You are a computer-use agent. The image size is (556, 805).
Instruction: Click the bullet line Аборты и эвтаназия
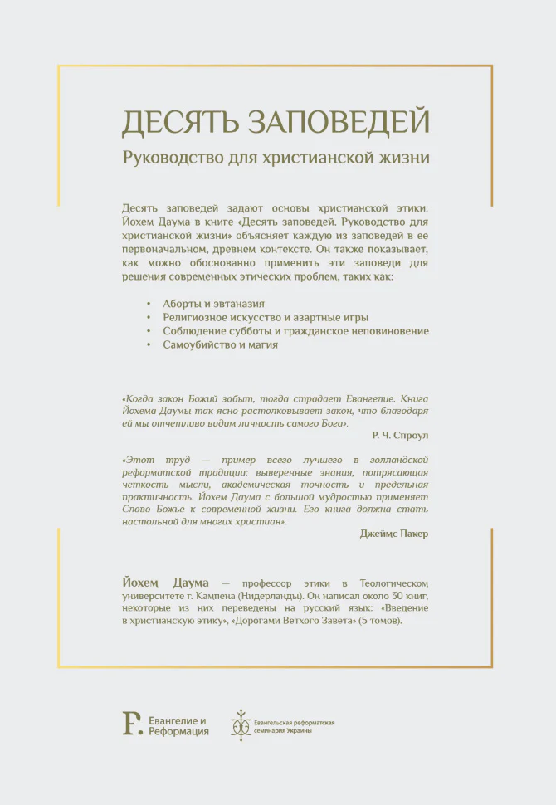(x=214, y=304)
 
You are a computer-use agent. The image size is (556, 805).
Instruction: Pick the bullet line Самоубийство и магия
(x=220, y=344)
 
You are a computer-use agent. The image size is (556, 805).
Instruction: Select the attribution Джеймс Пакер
(x=394, y=533)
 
